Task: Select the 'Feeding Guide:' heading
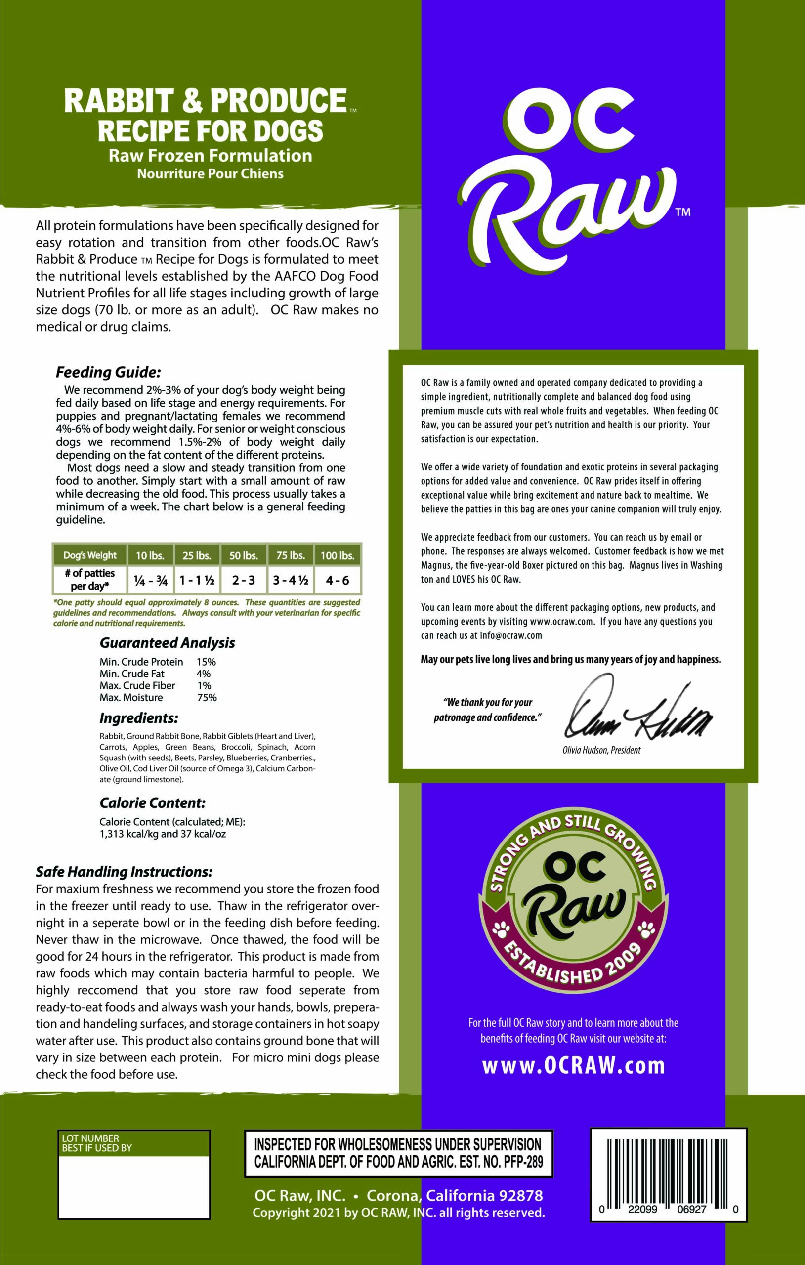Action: [x=108, y=373]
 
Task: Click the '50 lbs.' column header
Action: [x=243, y=555]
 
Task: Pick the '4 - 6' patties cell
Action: [x=337, y=580]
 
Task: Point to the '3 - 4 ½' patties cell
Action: [x=290, y=580]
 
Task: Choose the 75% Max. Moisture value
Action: [x=207, y=698]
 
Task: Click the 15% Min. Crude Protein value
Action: [x=206, y=662]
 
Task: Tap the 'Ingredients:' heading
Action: [x=139, y=718]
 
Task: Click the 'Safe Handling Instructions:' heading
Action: [x=124, y=872]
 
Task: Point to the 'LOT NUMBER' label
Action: [x=90, y=1138]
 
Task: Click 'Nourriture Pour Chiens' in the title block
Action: [x=210, y=174]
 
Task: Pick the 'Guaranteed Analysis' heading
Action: [x=167, y=643]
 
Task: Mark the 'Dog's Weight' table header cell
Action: [x=90, y=555]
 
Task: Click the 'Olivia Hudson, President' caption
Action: [x=601, y=750]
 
